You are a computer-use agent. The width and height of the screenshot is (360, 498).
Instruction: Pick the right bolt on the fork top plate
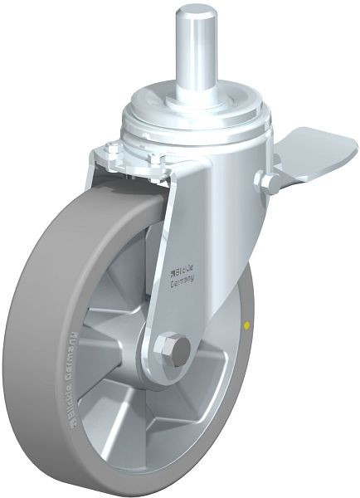158,157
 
